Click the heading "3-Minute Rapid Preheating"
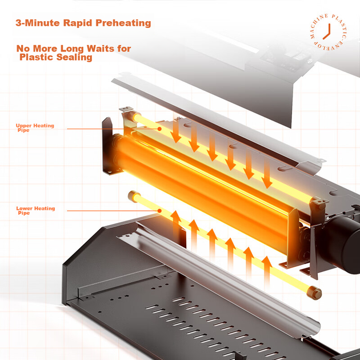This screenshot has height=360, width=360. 83,23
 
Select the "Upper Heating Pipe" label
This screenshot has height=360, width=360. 35,127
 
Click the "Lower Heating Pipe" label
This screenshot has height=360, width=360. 35,210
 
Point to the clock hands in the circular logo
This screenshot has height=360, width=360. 327,32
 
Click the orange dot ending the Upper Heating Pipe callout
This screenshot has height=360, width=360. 159,129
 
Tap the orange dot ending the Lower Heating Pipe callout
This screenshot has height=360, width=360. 159,210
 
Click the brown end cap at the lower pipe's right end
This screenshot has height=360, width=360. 314,293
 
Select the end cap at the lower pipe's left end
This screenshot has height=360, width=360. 132,196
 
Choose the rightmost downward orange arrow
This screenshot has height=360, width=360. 267,173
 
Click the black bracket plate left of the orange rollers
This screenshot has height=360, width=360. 108,146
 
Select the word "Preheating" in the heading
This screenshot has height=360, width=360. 123,23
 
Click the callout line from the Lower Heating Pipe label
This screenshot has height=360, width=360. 112,210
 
